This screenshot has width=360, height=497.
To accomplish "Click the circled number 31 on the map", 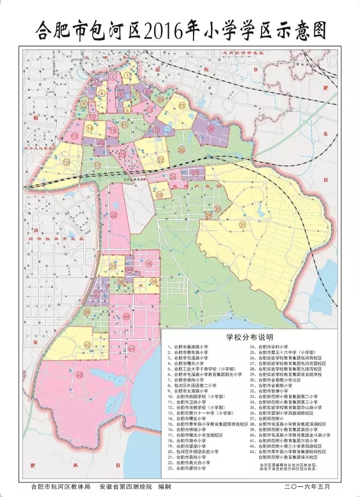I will coord(242,225).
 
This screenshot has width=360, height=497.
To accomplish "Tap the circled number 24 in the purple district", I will coord(210,128).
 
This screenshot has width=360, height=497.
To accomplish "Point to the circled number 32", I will coord(114,214).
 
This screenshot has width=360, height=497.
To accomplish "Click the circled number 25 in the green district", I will coord(181,150).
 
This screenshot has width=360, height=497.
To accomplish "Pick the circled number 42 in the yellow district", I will coord(87,345).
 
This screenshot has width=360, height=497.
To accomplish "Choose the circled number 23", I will coord(182,106).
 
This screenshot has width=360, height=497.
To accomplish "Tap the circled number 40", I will coord(126,317).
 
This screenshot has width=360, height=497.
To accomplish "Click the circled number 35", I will coord(148,264).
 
